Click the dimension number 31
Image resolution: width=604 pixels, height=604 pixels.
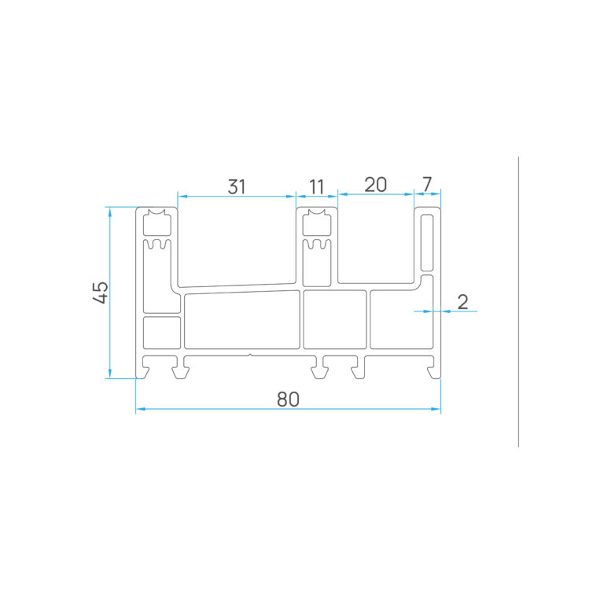click(237, 187)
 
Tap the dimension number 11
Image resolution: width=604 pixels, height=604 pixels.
click(317, 187)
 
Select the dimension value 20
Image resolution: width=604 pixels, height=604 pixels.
click(376, 185)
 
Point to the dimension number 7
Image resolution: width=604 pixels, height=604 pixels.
click(427, 185)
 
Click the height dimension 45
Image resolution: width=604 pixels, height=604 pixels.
click(101, 293)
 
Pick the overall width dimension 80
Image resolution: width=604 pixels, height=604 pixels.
click(288, 400)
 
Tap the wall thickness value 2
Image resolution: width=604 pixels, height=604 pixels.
click(462, 302)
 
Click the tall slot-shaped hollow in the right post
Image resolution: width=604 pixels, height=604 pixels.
click(427, 243)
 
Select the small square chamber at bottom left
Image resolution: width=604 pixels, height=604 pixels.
click(162, 333)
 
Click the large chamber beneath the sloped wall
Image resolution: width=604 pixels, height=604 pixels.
click(242, 321)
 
